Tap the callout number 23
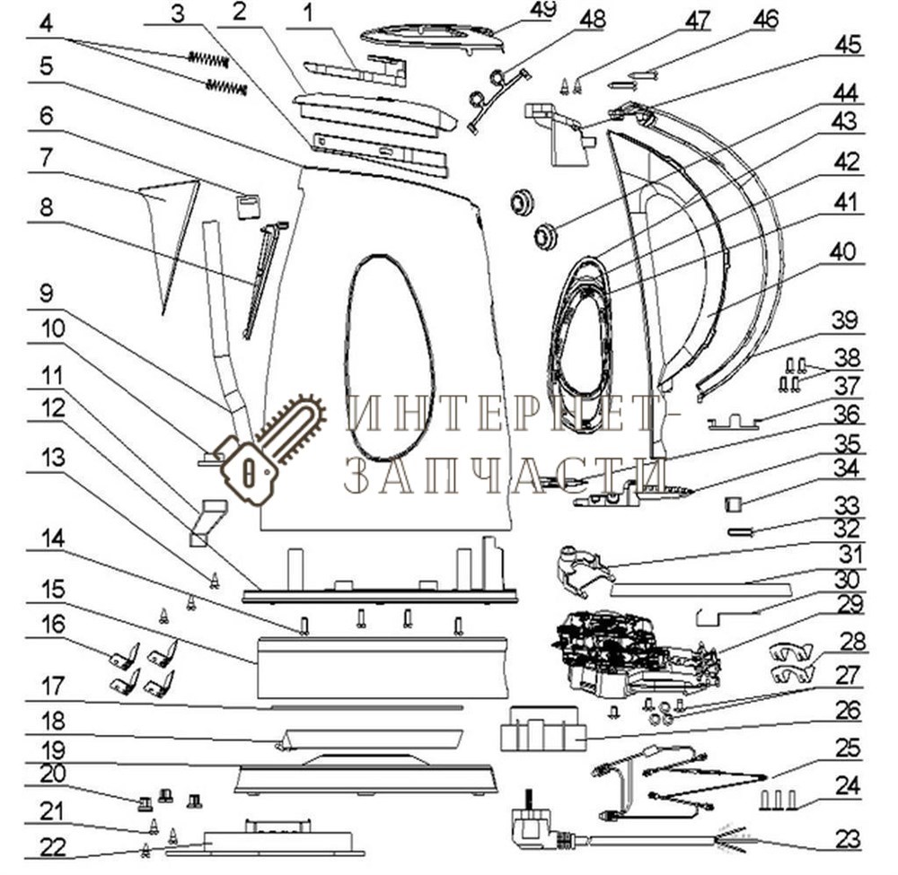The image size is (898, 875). (x=847, y=840)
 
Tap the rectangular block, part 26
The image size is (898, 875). (x=541, y=728)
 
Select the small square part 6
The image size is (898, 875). (x=248, y=206)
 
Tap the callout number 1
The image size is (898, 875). (x=309, y=13)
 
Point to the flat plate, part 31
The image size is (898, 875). (x=700, y=589)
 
